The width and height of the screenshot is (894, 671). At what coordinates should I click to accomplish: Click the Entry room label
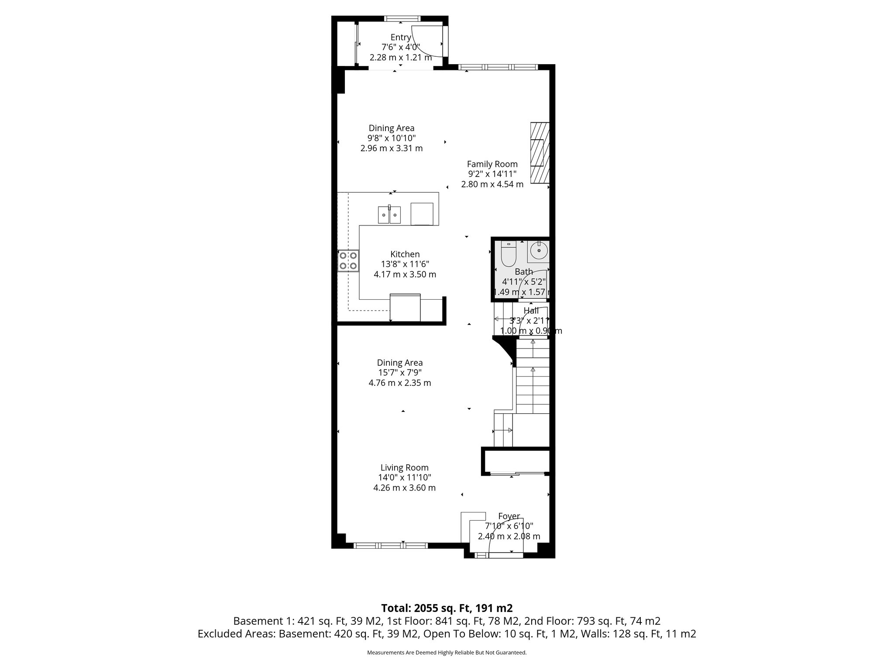400,38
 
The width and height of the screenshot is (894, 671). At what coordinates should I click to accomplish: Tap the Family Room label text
492,164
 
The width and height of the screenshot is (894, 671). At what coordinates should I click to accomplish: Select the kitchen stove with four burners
348,260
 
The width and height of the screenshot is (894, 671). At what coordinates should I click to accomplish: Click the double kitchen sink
389,215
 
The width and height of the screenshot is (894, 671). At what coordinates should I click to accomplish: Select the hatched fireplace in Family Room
539,153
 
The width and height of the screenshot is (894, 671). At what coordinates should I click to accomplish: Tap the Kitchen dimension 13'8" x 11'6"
405,264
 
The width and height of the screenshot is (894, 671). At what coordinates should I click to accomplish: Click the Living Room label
404,468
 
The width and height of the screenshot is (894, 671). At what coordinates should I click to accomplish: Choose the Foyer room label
509,516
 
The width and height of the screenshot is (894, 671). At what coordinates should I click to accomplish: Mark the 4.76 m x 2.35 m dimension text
399,383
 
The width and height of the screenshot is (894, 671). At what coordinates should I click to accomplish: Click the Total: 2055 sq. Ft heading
447,608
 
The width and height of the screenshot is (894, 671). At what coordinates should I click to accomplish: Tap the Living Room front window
390,545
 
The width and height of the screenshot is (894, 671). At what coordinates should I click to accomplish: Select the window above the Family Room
498,67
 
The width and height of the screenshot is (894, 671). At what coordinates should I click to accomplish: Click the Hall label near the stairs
531,311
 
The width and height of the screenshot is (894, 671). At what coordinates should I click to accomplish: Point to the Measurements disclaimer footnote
447,653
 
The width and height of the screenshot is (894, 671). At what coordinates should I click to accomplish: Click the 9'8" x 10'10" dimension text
391,138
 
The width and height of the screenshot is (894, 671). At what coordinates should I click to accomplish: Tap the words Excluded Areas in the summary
236,634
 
